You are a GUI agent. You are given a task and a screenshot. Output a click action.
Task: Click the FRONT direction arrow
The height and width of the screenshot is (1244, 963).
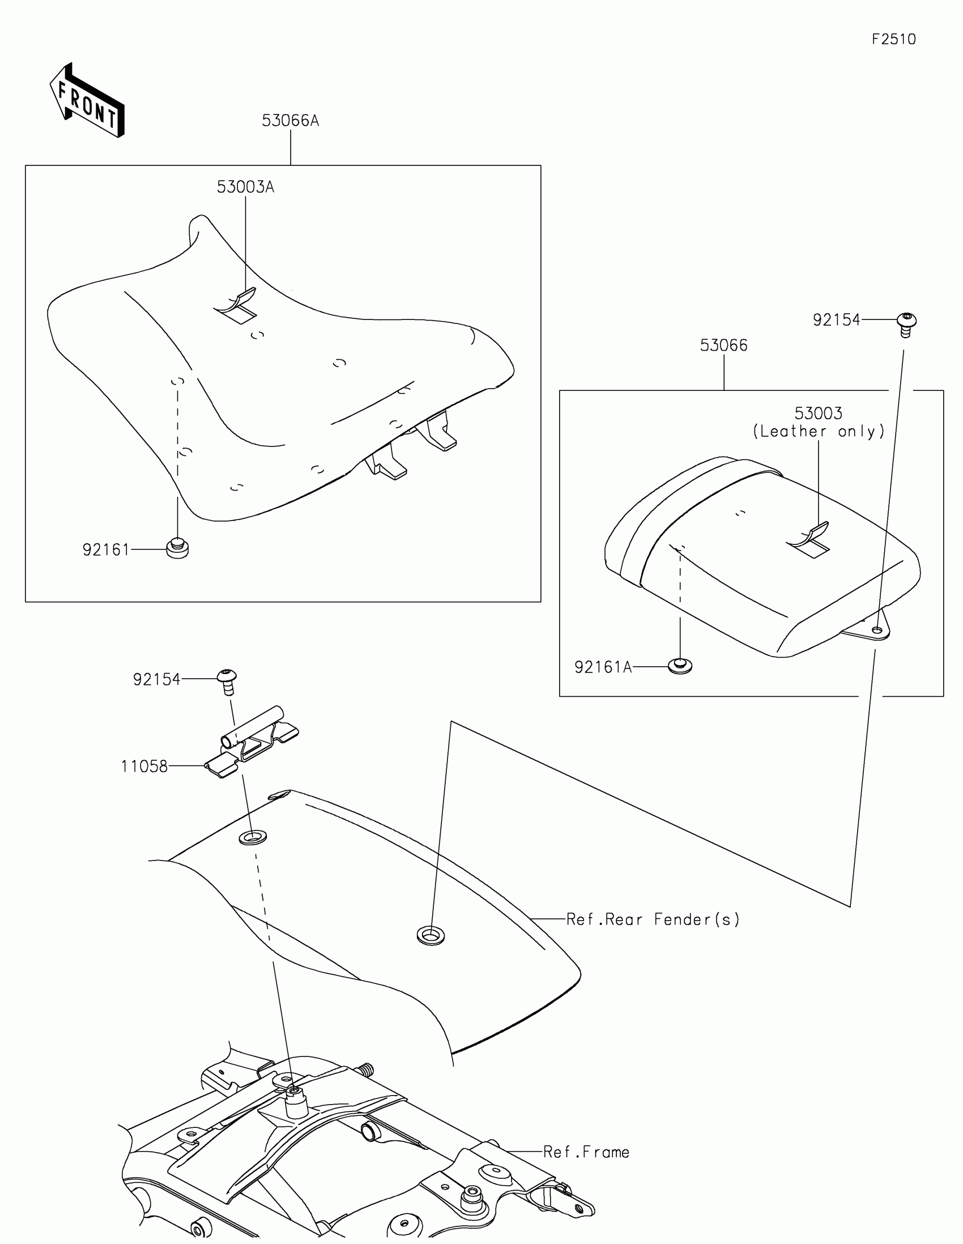87,101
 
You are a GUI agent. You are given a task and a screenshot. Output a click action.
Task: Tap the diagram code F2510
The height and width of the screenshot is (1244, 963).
893,39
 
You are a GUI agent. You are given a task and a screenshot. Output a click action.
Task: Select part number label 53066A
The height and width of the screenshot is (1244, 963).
290,121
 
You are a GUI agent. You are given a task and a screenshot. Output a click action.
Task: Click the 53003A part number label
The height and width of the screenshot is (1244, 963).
245,187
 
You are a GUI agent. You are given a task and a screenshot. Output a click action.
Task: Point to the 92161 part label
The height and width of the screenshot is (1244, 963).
106,549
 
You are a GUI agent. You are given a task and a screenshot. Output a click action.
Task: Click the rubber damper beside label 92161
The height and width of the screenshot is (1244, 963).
178,548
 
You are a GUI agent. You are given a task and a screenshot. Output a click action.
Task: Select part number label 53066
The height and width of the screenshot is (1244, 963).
723,345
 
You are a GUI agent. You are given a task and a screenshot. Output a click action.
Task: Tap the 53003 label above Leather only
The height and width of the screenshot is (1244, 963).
819,413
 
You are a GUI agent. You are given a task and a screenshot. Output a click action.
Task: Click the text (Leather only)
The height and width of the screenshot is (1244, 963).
819,431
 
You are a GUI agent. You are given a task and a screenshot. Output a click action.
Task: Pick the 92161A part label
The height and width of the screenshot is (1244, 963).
603,667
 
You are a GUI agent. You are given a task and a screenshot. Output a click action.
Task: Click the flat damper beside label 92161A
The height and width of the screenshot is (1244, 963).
680,665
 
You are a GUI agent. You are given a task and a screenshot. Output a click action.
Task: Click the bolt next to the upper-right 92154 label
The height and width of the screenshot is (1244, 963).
906,324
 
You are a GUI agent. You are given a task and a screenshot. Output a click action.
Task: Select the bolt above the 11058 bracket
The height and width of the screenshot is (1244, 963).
227,681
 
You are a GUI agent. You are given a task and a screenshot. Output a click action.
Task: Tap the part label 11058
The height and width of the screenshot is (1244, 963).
144,766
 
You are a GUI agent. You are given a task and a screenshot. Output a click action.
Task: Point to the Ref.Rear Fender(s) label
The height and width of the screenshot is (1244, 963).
653,919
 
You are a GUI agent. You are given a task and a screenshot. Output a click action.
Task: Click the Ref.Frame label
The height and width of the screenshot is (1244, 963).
586,1152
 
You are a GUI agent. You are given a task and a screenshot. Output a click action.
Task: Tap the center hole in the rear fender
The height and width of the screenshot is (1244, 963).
431,935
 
